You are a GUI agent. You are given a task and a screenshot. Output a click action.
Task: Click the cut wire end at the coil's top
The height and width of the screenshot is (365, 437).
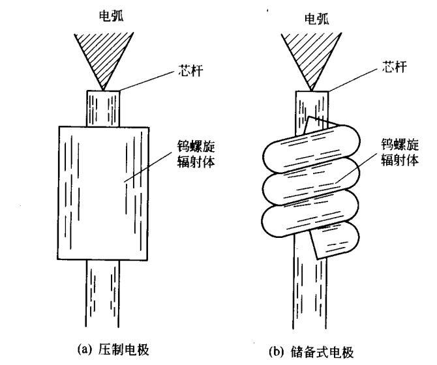pos(320,124)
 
